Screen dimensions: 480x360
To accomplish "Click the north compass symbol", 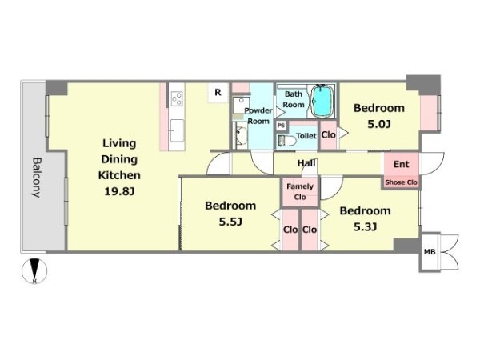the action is tap(34, 271).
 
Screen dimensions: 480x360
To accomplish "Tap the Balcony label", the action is tap(37, 178).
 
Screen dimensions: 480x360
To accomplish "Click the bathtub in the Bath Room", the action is tap(322, 101).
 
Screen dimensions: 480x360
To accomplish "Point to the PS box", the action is tap(281, 126).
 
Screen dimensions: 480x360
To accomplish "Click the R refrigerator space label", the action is tap(218, 92).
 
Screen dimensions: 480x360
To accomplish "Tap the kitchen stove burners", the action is tap(177, 99).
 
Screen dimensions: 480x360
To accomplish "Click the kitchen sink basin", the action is tap(177, 130).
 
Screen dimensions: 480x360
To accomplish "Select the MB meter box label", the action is tap(430, 252).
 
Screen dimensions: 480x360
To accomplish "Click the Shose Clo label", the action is tap(401, 182).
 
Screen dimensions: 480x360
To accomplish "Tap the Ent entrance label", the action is tap(401, 164).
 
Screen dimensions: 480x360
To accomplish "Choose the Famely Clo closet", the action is tap(300, 191).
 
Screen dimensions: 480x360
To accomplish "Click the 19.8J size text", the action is tap(119, 191).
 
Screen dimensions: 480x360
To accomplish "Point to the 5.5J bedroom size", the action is tap(230, 222).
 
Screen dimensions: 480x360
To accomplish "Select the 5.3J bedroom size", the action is tap(366, 227).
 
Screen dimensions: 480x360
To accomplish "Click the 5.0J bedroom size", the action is tap(379, 124).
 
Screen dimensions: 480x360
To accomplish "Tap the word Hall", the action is tap(306, 163).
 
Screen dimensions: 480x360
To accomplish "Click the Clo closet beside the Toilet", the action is tap(328, 135).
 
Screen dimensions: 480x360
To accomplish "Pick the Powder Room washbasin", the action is tap(242, 136).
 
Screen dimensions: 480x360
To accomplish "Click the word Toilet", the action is tap(306, 136).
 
